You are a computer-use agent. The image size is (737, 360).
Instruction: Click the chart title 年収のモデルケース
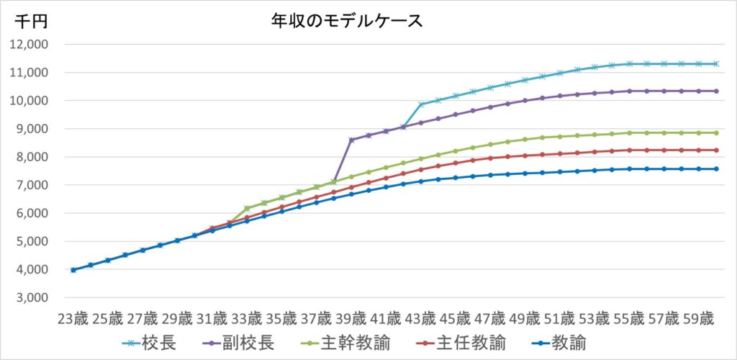tap(346, 21)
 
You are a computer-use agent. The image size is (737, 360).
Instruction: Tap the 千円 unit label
tap(31, 22)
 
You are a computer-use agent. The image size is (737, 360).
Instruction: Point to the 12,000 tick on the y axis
tap(27, 45)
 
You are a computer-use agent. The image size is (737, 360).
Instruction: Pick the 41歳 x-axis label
tap(385, 318)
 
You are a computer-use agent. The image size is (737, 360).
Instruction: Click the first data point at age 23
tap(73, 270)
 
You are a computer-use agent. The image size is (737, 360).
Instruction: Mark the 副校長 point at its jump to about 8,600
tap(351, 140)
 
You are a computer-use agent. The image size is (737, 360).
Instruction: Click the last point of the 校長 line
tap(715, 63)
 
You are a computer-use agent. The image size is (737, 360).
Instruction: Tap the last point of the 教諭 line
tap(715, 169)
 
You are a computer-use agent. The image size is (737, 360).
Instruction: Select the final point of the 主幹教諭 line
tap(715, 132)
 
